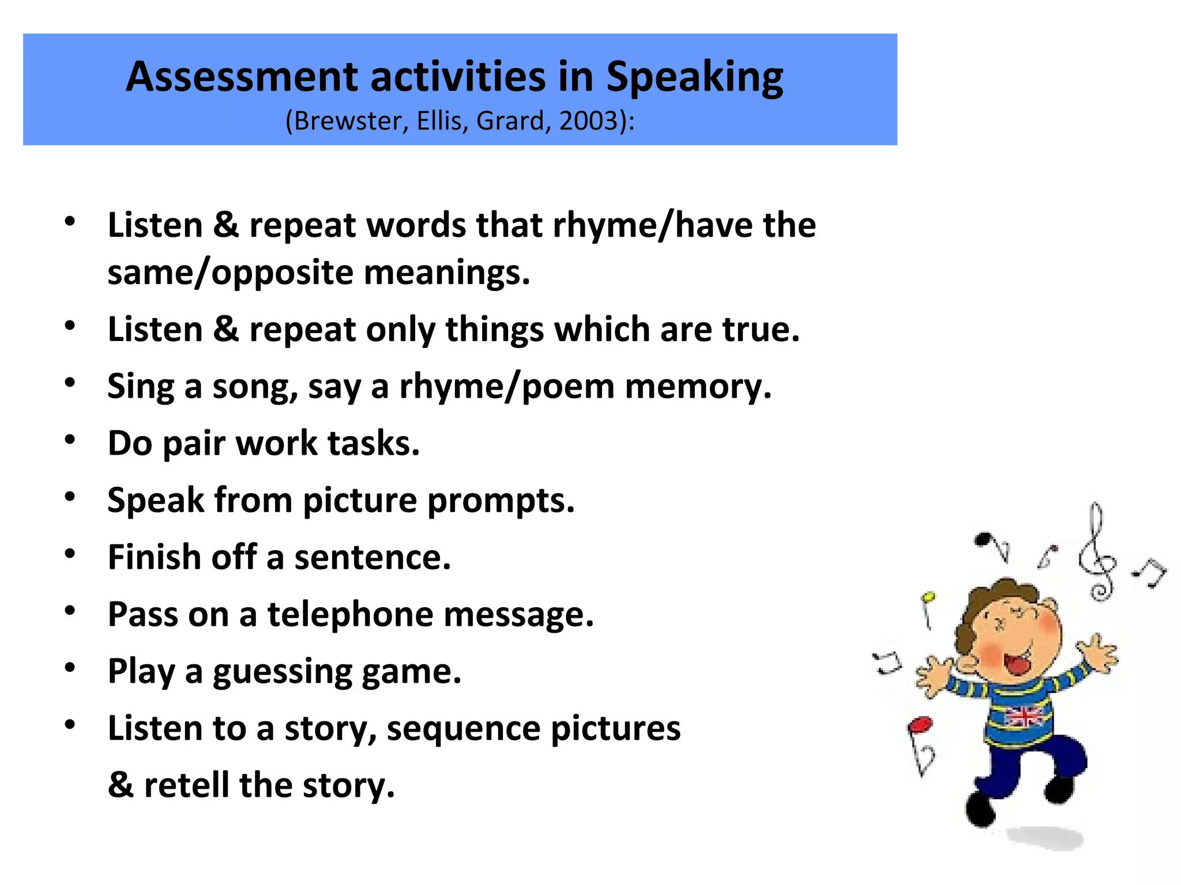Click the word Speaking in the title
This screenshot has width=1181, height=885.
click(694, 78)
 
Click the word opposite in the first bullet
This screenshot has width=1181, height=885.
click(282, 273)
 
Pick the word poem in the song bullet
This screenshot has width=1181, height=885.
click(568, 386)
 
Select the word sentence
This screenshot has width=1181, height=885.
click(373, 557)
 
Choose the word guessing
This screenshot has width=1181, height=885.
click(282, 672)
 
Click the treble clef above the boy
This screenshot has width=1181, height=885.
click(1097, 553)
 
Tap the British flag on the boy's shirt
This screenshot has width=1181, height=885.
click(1023, 716)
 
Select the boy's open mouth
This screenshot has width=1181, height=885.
click(1017, 662)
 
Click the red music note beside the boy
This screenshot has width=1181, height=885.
click(920, 725)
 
